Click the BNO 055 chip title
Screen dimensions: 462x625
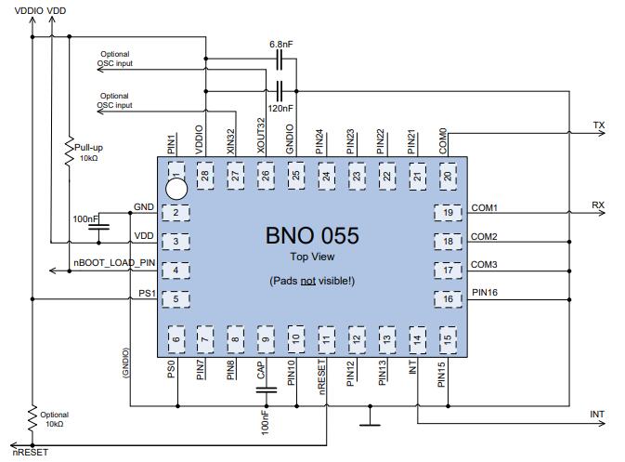pos(312,235)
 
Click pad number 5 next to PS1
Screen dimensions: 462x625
pos(175,299)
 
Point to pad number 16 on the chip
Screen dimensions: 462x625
pos(448,299)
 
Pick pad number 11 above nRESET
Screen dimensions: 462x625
pos(326,339)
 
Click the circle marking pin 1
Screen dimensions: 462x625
pos(176,188)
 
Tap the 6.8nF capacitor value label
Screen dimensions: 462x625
pos(281,45)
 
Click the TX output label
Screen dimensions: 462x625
pos(599,125)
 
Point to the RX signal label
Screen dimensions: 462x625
pos(599,205)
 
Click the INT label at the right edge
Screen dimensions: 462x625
pos(598,414)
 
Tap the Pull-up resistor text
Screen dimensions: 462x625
pos(90,146)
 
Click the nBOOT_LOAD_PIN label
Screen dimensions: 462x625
pos(114,263)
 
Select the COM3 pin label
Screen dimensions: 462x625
pos(484,265)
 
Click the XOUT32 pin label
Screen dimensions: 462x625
pos(262,137)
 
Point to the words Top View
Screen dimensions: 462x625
pos(312,257)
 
